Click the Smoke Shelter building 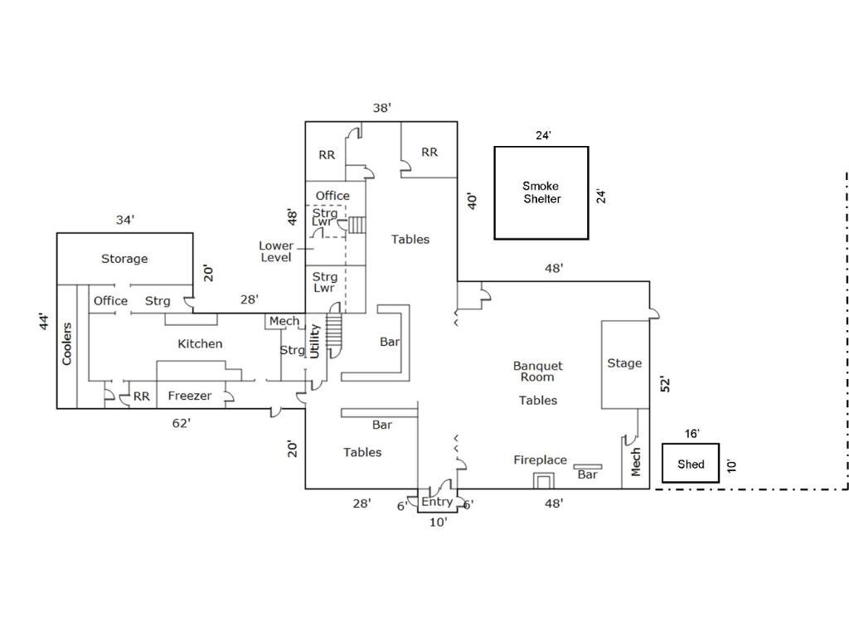(541, 192)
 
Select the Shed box (691, 464)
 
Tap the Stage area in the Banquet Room (624, 363)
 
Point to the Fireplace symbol (544, 480)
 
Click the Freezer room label (190, 396)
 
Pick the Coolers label (67, 343)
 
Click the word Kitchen (200, 343)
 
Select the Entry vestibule (437, 501)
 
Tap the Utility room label (314, 341)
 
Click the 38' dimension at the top (381, 108)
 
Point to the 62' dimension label (182, 423)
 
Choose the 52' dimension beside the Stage (665, 384)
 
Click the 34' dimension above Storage (125, 220)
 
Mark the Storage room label (124, 259)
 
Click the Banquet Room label (538, 371)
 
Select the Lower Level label (276, 251)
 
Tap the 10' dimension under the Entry (438, 522)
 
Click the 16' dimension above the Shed (692, 434)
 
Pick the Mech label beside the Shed (636, 462)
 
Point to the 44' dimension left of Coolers (45, 322)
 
